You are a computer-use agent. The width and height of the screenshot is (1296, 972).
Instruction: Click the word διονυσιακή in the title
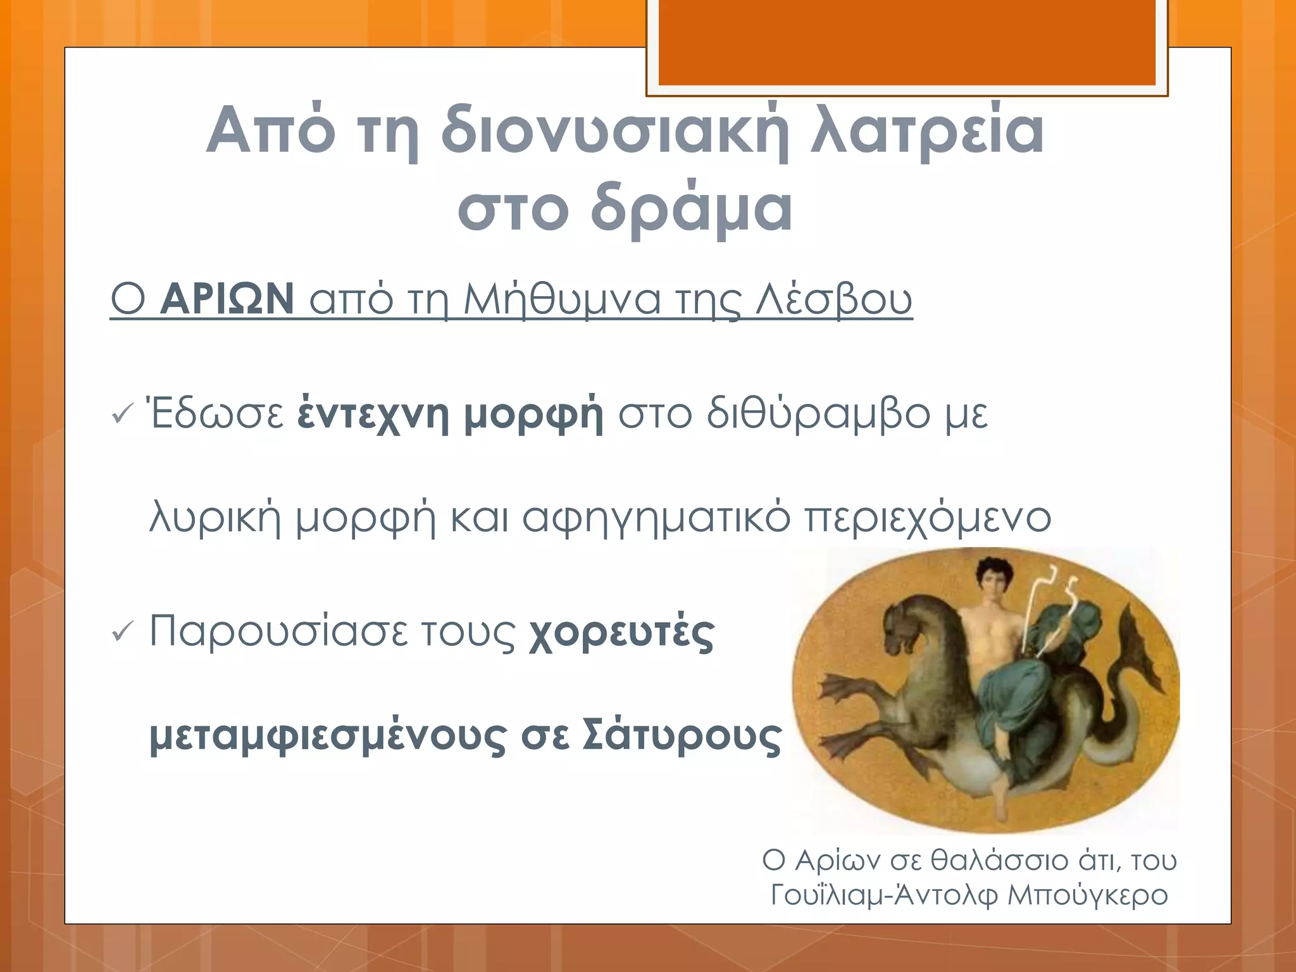[614, 131]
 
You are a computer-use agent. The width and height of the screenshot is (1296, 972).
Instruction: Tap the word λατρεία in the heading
[928, 131]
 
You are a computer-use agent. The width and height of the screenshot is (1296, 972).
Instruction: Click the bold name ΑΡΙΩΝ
[227, 299]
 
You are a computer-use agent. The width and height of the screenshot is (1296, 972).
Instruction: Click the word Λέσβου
[834, 300]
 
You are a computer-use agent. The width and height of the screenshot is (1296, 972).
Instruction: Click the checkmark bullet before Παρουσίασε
[121, 631]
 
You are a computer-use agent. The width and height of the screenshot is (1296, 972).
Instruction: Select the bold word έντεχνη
[373, 414]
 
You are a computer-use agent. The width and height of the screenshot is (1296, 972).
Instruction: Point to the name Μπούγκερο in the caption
[1087, 895]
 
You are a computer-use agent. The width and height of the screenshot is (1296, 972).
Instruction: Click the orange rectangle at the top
[907, 41]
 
